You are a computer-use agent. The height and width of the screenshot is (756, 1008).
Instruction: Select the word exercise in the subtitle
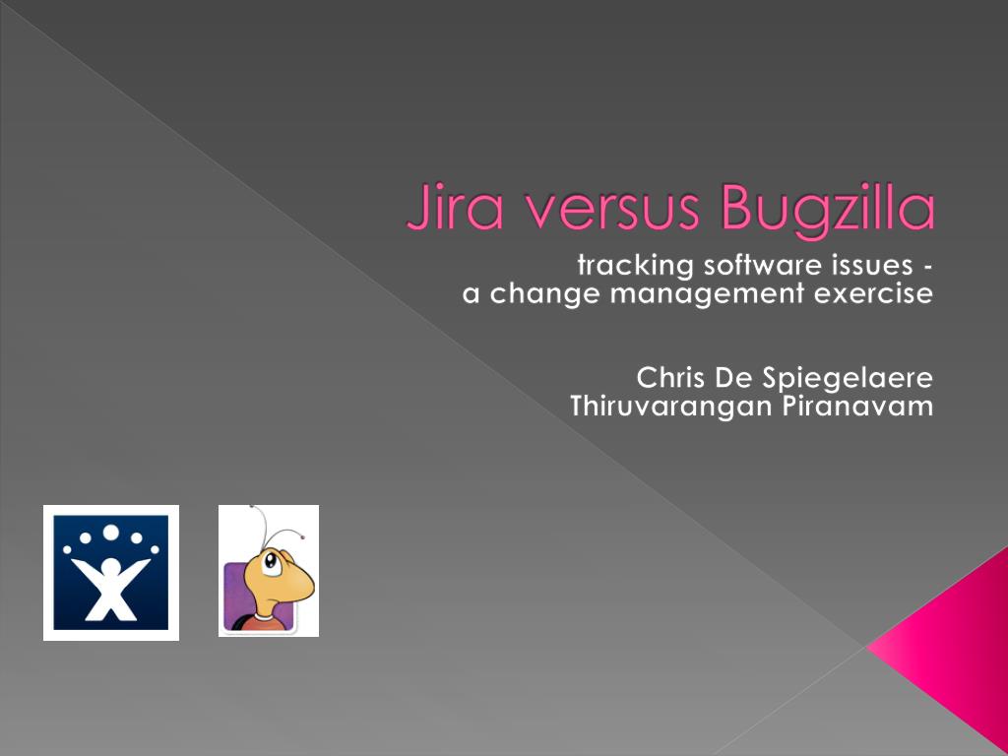coord(877,293)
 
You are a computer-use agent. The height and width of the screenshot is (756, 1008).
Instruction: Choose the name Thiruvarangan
coord(656,407)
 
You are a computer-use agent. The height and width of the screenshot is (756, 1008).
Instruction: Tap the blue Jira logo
coord(111,572)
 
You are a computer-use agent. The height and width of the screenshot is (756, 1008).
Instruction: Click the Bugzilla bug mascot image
coord(269,571)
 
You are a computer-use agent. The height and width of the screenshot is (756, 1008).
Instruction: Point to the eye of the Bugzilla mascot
coord(270,563)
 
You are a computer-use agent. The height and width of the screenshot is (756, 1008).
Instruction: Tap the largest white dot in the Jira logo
coord(111,534)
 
